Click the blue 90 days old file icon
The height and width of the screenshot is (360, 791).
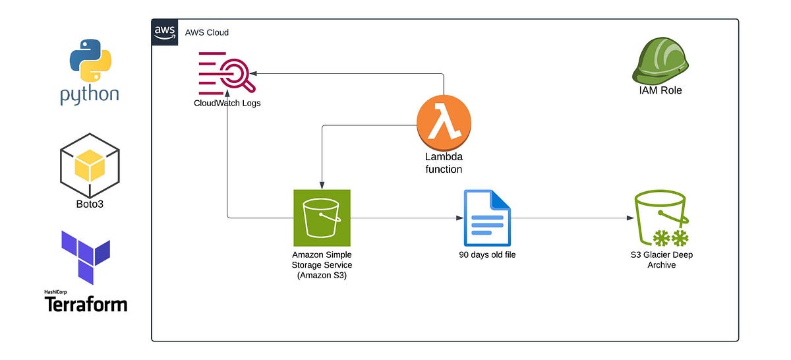pos(487,218)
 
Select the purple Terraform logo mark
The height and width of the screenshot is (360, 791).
pos(85,256)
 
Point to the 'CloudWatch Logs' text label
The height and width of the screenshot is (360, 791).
pos(227,103)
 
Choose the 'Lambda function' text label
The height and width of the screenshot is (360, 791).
pos(444,163)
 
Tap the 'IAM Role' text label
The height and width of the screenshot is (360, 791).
pos(660,90)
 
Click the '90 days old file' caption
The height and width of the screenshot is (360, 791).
pos(487,255)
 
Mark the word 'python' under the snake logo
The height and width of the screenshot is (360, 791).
pos(89,94)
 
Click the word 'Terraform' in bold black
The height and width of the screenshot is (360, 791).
pos(86,304)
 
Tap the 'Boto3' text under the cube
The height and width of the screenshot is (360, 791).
pos(90,204)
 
